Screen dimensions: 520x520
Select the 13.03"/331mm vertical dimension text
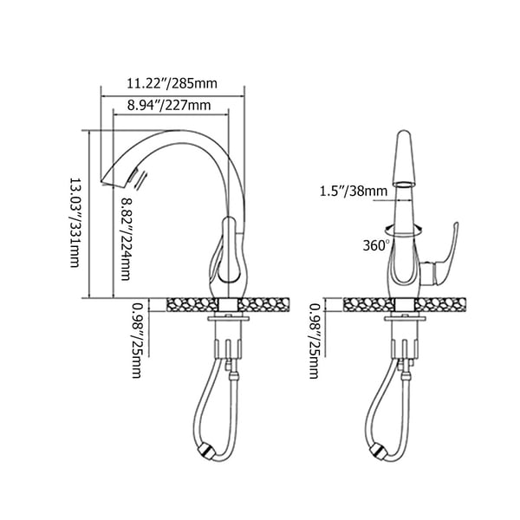coord(76,221)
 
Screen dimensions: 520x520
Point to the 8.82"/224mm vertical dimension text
coord(127,239)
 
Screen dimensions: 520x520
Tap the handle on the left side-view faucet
coord(229,251)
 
